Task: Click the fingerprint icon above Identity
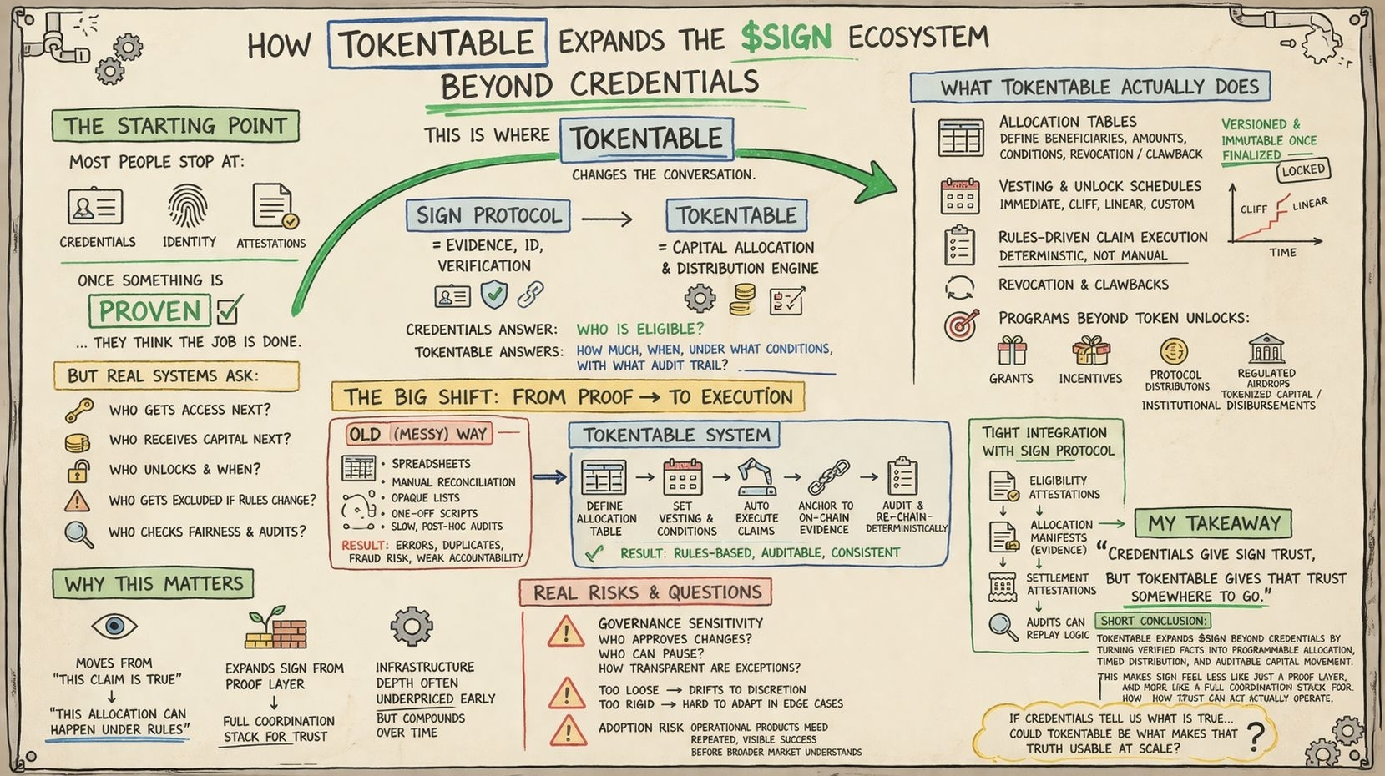[188, 205]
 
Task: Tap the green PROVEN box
[150, 311]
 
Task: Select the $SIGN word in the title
[786, 38]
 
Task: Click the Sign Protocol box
[488, 215]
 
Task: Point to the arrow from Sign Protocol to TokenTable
[607, 219]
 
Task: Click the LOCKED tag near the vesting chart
[1302, 170]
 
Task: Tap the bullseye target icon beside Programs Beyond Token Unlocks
[961, 325]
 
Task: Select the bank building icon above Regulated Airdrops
[1266, 349]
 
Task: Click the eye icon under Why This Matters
[114, 626]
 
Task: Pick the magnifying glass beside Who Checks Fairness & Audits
[78, 533]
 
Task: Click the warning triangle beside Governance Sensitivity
[566, 632]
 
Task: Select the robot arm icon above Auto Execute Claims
[756, 476]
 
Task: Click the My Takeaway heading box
[1213, 523]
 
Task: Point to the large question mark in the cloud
[1255, 736]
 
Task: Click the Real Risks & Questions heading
[647, 592]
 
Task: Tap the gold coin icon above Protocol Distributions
[1174, 351]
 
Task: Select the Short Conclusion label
[1153, 621]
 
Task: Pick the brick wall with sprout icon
[275, 628]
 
